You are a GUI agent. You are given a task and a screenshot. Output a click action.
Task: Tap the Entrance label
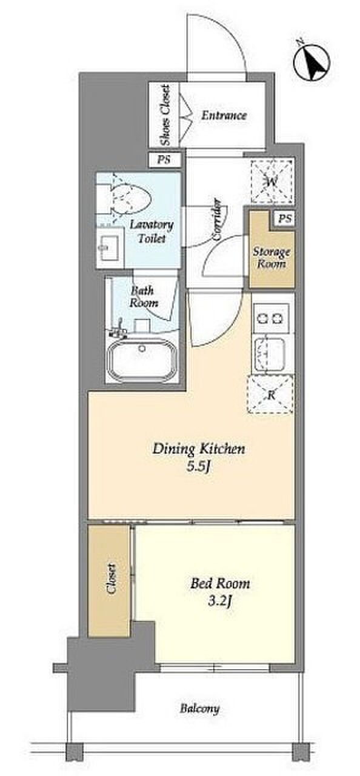[x=224, y=115]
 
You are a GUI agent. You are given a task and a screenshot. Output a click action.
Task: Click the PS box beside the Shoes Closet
[x=164, y=160]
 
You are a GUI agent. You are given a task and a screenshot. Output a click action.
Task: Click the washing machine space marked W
[x=273, y=181]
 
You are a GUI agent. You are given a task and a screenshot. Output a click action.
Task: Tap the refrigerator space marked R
[x=271, y=395]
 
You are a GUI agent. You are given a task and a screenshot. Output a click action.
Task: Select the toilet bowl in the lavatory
[x=131, y=199]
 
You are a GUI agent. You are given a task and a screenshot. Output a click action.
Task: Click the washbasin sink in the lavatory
[x=110, y=247]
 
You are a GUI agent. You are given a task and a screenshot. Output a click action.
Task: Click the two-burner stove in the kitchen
[x=271, y=318]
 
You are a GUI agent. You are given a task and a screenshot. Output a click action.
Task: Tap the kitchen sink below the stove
[x=270, y=355]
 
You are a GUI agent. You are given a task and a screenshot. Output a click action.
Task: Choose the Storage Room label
[x=271, y=258]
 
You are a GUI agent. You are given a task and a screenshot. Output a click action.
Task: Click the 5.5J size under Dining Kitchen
[x=199, y=467]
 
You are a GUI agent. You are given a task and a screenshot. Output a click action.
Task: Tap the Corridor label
[x=218, y=219]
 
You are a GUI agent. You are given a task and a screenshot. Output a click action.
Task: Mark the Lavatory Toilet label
[x=152, y=232]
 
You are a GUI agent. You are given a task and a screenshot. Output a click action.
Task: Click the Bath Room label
[x=143, y=297]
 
